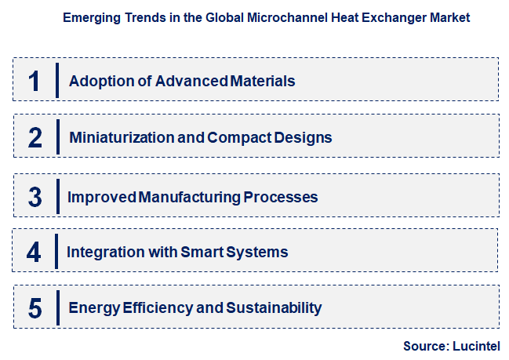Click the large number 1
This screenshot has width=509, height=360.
tap(35, 80)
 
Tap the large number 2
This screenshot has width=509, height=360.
tap(35, 138)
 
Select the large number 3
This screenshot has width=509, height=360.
tap(35, 197)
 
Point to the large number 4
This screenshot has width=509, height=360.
tap(34, 253)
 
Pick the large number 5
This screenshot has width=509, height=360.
tap(35, 308)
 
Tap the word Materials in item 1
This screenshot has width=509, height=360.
tap(263, 80)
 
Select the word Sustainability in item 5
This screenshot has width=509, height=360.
tap(274, 308)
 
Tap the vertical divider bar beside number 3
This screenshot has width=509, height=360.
tap(57, 196)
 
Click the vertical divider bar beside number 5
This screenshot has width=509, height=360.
tap(57, 307)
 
